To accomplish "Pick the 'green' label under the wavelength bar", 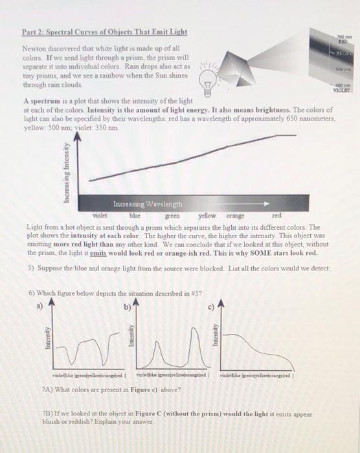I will pyautogui.click(x=172, y=216).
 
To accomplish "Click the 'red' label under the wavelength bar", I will pyautogui.click(x=277, y=215).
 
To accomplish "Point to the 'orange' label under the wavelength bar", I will pyautogui.click(x=236, y=216).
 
